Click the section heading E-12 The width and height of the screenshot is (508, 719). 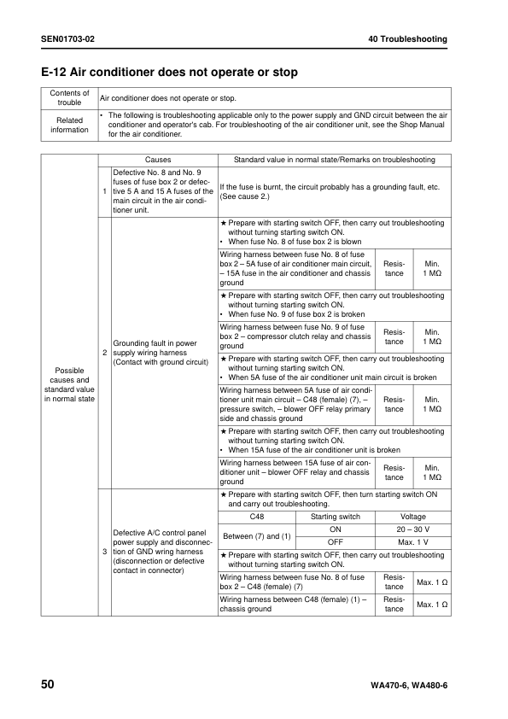pos(169,73)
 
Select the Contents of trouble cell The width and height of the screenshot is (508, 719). pos(69,98)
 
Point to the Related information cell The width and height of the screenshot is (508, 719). pos(69,125)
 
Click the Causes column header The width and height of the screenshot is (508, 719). pos(158,160)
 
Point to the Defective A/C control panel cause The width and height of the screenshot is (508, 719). pos(163,552)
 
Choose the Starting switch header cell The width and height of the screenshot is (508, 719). pos(336,517)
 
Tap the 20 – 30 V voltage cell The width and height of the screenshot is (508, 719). pos(412,529)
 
